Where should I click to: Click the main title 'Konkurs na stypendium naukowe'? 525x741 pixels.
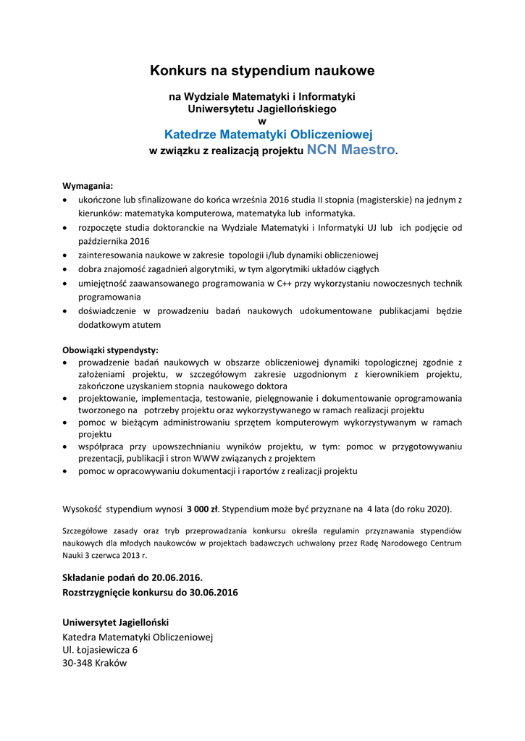coord(262,71)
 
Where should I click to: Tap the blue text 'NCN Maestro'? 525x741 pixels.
coord(351,150)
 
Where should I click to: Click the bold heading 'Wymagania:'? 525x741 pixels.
coord(88,185)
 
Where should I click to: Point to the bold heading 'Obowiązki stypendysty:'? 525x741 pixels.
coord(110,350)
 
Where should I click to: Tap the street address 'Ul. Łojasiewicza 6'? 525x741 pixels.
coord(100,650)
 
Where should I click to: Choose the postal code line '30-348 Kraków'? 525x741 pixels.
coord(95,664)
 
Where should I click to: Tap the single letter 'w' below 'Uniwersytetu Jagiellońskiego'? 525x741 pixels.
coord(262,121)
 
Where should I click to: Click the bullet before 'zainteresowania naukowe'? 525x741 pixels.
coord(67,255)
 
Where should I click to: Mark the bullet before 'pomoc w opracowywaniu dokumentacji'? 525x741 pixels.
coord(67,472)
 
